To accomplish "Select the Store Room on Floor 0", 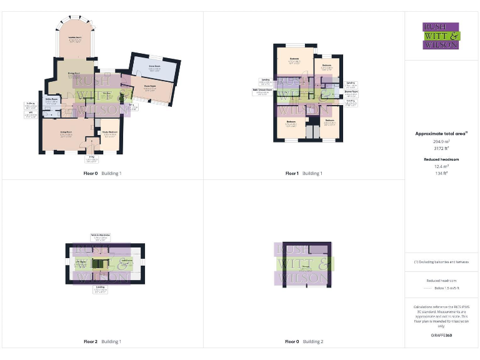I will (155, 67).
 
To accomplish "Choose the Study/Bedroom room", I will (110, 134).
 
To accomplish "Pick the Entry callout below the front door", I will (91, 159).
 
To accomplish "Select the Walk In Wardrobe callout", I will (100, 237).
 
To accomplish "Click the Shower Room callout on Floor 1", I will (351, 92).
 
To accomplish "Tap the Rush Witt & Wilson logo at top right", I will (441, 36).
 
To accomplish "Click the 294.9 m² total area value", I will (441, 142).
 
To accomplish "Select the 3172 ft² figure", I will (441, 149).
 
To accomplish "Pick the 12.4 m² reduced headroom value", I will (441, 166).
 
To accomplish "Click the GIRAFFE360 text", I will (441, 336).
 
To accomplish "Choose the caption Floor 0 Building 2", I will (304, 342).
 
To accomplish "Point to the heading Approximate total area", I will (441, 134).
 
